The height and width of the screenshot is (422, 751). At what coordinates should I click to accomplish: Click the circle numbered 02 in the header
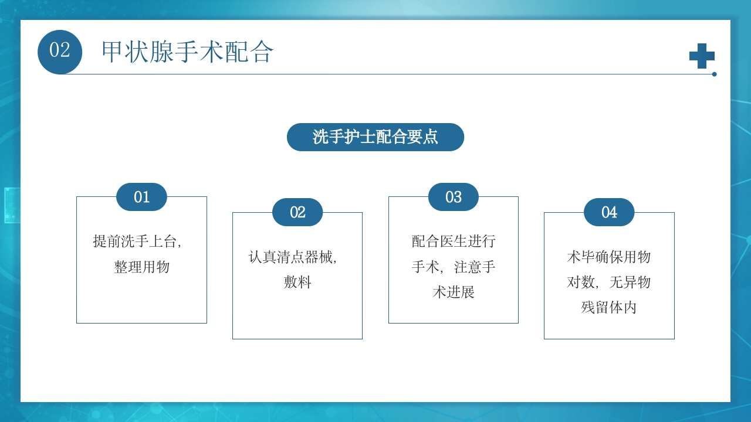click(60, 52)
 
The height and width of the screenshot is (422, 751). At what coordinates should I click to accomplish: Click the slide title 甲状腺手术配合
click(187, 52)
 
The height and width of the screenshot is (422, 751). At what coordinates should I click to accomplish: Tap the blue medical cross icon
click(702, 56)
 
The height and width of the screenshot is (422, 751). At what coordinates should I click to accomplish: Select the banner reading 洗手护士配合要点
click(375, 137)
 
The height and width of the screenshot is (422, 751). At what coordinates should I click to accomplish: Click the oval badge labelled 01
click(141, 197)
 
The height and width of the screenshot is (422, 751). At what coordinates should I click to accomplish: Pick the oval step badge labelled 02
click(297, 212)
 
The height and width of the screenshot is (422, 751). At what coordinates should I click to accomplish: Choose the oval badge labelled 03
click(453, 197)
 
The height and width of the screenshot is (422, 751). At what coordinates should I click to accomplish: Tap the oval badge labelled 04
click(609, 212)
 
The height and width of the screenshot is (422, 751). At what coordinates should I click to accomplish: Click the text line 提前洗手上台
click(137, 241)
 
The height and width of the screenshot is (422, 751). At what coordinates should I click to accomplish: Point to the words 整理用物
click(141, 267)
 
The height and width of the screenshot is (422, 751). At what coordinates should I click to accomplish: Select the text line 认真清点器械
click(293, 257)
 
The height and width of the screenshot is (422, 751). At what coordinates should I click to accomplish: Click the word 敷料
click(297, 283)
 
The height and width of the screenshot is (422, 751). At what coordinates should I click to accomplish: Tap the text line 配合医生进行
click(454, 241)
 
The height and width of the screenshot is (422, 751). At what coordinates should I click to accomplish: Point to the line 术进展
click(454, 292)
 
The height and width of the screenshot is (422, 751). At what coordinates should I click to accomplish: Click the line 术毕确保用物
click(609, 257)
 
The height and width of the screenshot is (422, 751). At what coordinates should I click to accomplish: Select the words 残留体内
click(609, 308)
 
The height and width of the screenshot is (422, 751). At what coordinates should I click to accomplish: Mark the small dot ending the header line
click(714, 74)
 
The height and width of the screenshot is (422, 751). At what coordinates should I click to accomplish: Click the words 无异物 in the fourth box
click(630, 283)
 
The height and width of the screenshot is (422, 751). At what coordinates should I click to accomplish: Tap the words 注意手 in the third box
click(475, 267)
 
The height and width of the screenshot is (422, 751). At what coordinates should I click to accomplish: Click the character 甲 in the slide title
click(113, 52)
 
